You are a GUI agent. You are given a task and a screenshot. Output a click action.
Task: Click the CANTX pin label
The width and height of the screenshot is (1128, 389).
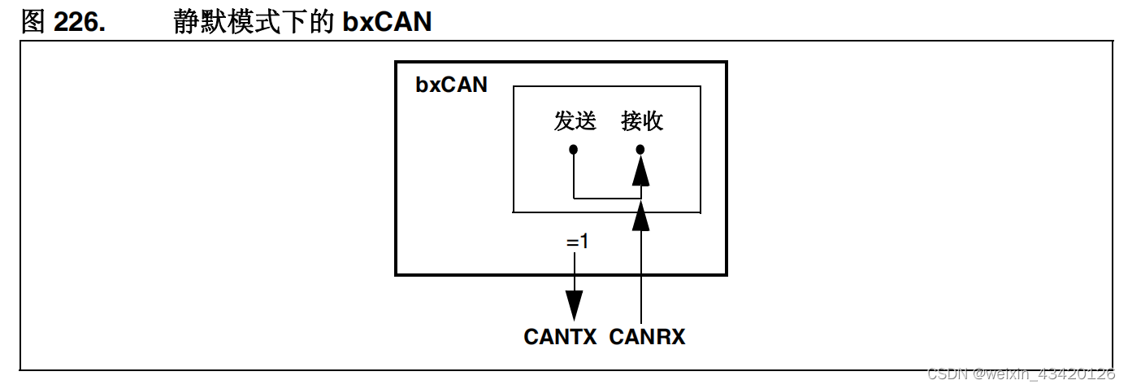pos(561,337)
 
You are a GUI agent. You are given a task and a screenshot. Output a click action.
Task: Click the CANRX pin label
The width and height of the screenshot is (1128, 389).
pos(647,337)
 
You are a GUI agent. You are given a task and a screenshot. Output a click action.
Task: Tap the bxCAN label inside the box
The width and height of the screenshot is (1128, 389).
pos(451,85)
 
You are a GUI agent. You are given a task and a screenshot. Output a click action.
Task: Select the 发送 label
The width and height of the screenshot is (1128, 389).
pos(575,121)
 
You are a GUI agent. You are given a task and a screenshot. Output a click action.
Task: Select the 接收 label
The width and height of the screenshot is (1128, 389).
pos(642,121)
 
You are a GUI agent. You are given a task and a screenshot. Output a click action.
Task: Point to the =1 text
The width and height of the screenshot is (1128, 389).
pos(577,242)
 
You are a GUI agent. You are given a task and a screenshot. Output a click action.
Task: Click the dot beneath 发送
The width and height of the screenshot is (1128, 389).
pos(574,150)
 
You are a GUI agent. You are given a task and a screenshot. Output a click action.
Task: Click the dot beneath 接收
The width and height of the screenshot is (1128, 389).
pos(640,150)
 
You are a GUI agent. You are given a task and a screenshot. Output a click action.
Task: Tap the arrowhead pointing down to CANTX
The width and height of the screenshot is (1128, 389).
pos(575,305)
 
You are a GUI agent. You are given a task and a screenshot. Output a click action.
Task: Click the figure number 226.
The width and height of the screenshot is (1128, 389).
pos(80,22)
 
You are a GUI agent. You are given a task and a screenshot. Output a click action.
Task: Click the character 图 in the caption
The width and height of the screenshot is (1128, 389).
pos(33,22)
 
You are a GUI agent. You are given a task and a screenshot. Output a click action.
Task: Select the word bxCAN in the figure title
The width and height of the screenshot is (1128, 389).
pos(387,22)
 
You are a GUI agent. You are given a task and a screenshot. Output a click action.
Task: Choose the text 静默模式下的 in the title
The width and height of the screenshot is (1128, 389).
pos(254,22)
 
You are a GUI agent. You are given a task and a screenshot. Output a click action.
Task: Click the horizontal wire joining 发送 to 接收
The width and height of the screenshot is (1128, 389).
pos(606,198)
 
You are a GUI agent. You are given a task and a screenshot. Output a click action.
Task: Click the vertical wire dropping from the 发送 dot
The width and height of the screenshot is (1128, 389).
pos(574,175)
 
